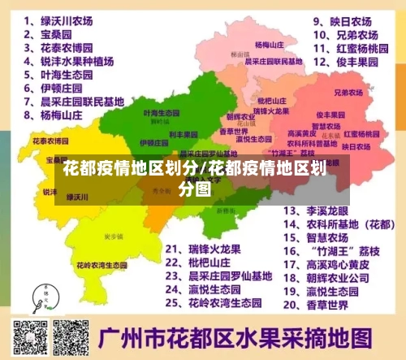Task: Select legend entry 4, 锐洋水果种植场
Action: (72, 60)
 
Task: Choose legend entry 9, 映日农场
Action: (342, 22)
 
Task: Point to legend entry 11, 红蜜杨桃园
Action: (345, 48)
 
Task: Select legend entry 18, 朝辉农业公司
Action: (328, 277)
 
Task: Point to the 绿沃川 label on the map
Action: (78, 197)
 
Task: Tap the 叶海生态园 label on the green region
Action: (155, 112)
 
